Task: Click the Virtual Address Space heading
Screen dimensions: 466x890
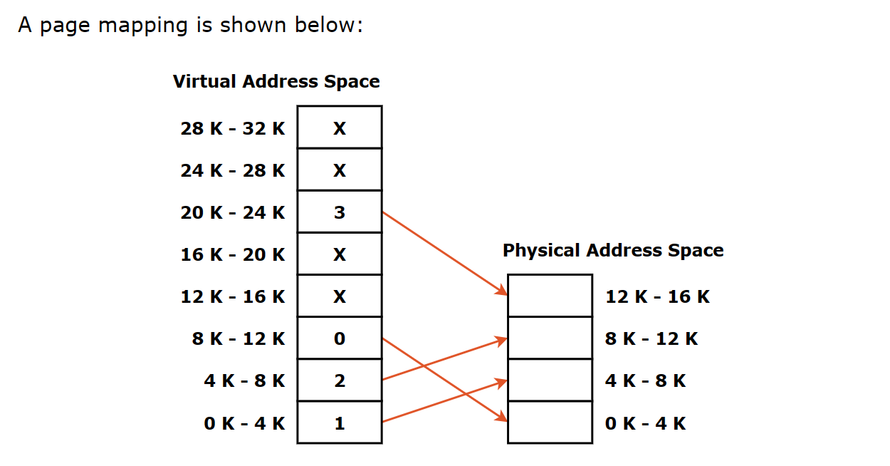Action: point(276,81)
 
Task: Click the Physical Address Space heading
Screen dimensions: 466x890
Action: point(613,250)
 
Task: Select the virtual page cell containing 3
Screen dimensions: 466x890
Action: point(339,212)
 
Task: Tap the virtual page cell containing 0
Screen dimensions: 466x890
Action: point(339,338)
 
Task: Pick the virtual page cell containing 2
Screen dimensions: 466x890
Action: point(339,380)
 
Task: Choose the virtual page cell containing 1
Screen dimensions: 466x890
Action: point(339,423)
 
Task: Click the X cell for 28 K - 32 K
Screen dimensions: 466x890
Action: point(339,128)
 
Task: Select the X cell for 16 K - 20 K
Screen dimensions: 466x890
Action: point(339,254)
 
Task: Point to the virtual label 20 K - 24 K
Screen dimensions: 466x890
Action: point(233,212)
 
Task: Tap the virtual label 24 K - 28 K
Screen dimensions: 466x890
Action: point(233,170)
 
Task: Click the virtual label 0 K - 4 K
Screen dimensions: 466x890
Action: point(244,423)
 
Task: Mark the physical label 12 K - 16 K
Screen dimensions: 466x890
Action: point(657,296)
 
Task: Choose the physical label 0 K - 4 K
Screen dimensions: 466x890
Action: point(646,423)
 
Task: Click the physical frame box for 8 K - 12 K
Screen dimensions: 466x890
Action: point(550,338)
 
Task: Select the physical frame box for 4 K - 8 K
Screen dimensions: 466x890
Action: point(550,380)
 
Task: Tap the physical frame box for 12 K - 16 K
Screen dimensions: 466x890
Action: point(550,296)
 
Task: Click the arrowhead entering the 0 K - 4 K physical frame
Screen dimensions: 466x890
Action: point(502,418)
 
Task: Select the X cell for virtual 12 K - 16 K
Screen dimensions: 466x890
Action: point(339,296)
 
